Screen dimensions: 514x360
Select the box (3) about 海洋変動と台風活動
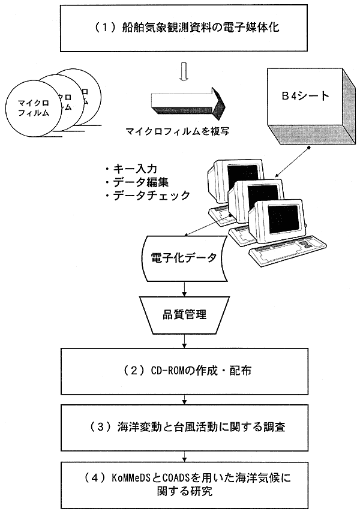(x=179, y=427)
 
